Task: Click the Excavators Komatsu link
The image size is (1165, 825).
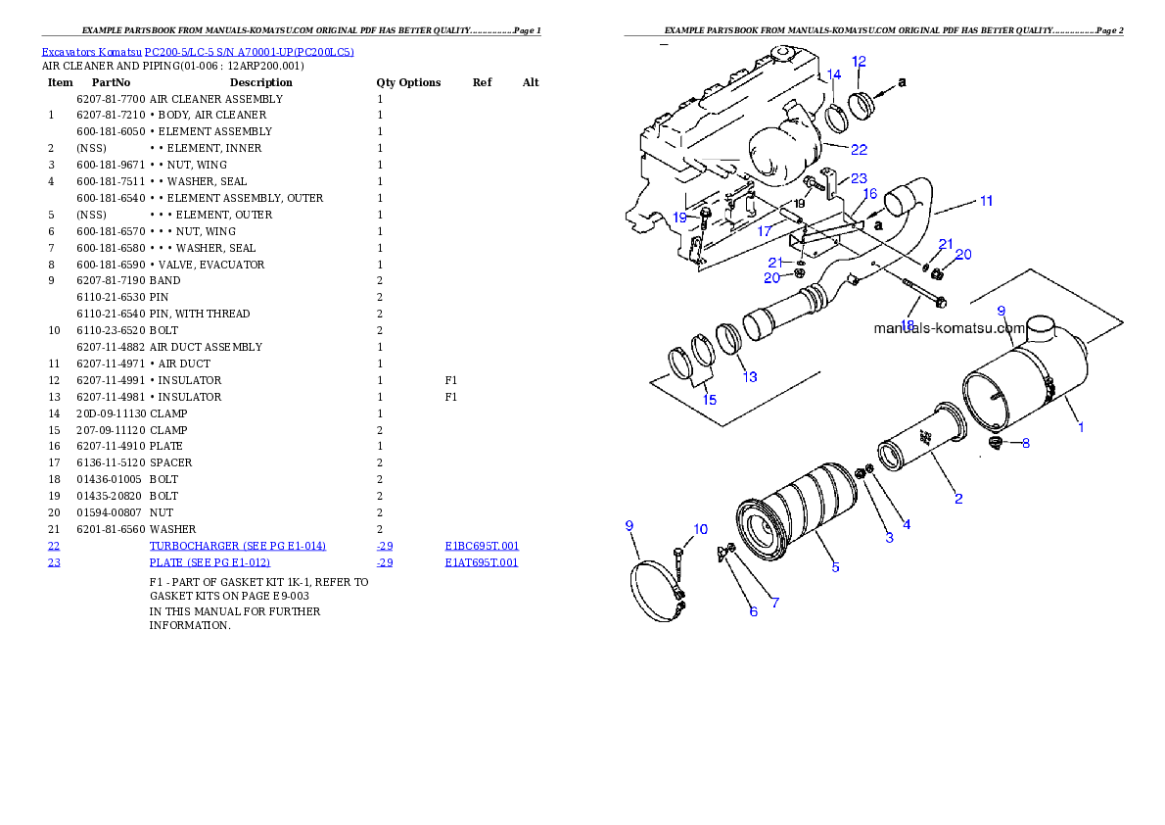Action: tap(91, 52)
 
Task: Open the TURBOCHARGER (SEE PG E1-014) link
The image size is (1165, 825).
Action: tap(238, 546)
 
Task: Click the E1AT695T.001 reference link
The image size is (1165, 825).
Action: tap(482, 562)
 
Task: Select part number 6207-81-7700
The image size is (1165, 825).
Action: tap(111, 99)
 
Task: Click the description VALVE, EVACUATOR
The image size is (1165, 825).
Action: tap(211, 265)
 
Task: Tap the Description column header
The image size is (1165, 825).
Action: tap(260, 82)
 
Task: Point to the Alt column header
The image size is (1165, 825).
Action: tap(531, 82)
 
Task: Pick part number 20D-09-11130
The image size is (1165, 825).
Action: tap(112, 413)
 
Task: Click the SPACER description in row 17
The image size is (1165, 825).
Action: tap(171, 462)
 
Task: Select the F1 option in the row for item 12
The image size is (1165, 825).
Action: tap(451, 380)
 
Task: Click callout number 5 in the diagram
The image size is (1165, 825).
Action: tap(835, 567)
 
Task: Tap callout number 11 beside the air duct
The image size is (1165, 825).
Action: tap(986, 201)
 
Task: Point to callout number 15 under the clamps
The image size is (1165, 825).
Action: tap(710, 400)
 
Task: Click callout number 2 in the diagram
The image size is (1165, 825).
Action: tap(958, 499)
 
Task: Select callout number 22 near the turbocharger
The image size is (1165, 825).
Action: tap(859, 150)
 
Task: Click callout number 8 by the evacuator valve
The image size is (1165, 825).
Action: tap(1026, 444)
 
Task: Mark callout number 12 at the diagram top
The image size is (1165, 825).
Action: tap(859, 62)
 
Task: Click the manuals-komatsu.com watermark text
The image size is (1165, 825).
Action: tap(950, 328)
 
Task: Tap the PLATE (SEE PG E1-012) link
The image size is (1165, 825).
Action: tap(210, 562)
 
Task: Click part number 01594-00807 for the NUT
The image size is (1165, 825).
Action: tap(110, 512)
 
